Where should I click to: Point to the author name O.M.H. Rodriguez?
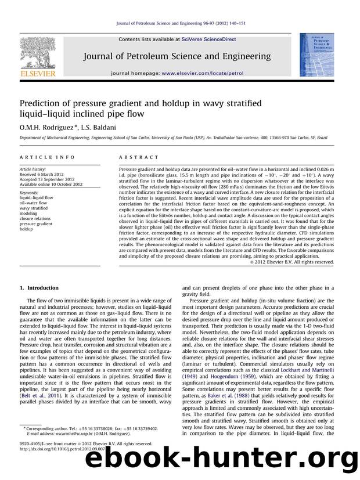coord(41,127)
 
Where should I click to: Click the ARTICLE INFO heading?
coord(42,157)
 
